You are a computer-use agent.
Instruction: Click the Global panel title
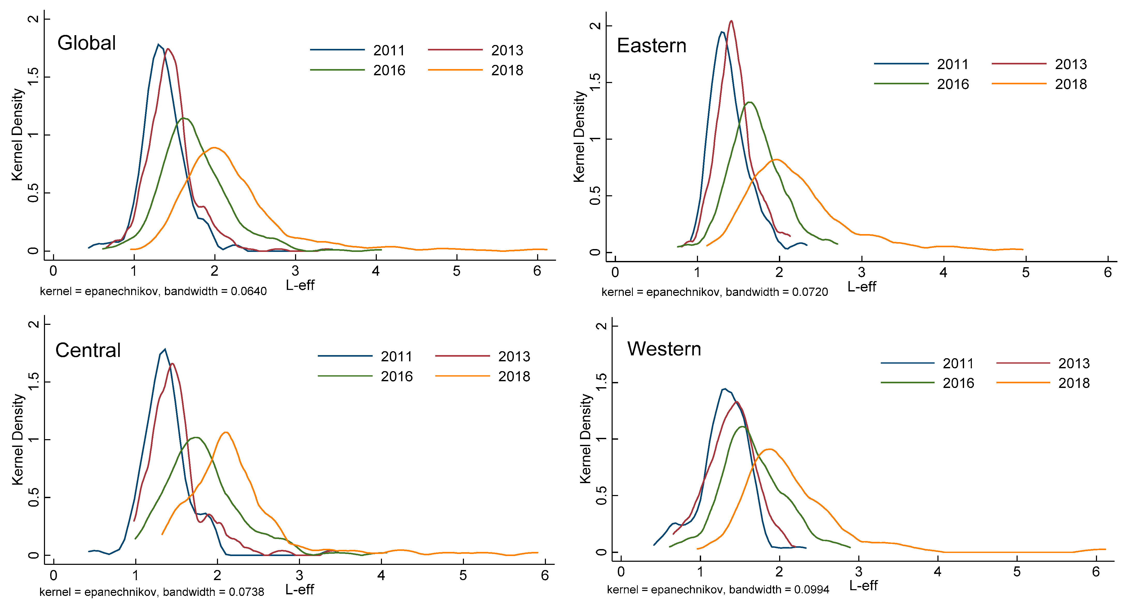[x=87, y=43]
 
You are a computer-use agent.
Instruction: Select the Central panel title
[x=88, y=350]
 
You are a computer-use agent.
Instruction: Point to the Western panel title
[x=664, y=349]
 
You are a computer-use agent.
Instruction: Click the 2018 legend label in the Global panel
[x=507, y=70]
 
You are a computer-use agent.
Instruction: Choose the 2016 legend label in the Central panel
[x=396, y=376]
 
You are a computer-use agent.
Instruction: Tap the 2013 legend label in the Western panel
[x=1074, y=363]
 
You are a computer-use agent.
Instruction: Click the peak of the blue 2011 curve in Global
[x=158, y=44]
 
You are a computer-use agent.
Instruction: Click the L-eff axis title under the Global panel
[x=300, y=285]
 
